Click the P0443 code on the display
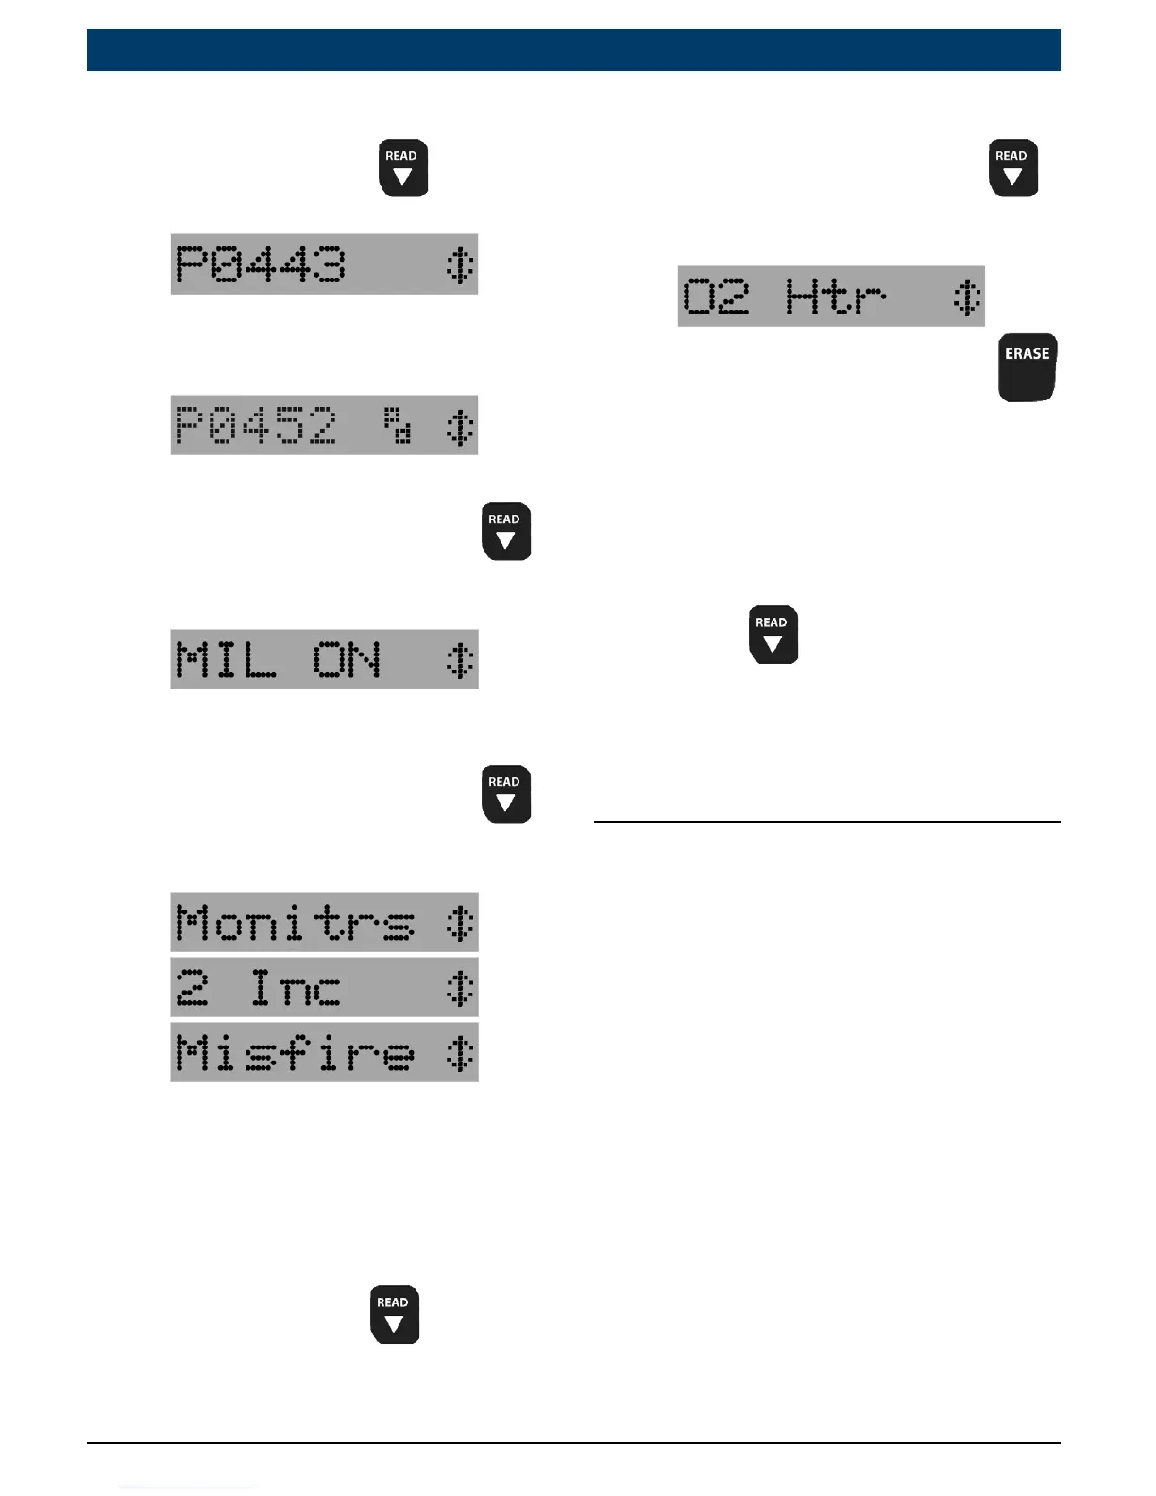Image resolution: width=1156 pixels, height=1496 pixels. tap(261, 264)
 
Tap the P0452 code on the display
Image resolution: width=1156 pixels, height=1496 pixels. tap(256, 425)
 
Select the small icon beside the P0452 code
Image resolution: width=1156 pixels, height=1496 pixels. tap(398, 425)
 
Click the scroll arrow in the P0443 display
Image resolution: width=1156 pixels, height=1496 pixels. tap(459, 264)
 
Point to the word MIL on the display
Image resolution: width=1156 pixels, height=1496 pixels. tap(227, 659)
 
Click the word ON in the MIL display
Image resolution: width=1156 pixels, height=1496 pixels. tap(347, 659)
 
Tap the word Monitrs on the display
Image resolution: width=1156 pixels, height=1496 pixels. tap(295, 922)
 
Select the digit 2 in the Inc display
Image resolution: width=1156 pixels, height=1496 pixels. tap(192, 988)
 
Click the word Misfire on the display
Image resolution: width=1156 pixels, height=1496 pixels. tap(295, 1052)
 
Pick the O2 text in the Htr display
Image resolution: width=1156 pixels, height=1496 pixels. tap(716, 297)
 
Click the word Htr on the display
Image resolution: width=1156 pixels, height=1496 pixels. tap(836, 297)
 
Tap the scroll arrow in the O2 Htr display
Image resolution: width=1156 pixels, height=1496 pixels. tap(966, 297)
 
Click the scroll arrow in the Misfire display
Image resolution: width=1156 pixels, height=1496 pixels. tap(459, 1052)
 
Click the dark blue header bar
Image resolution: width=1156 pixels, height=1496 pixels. tap(573, 50)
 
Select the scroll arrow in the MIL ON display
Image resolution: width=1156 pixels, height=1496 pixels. tap(459, 659)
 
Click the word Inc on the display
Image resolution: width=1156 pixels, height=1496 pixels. tap(296, 988)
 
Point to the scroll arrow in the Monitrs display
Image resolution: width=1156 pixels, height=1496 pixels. tap(459, 922)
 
